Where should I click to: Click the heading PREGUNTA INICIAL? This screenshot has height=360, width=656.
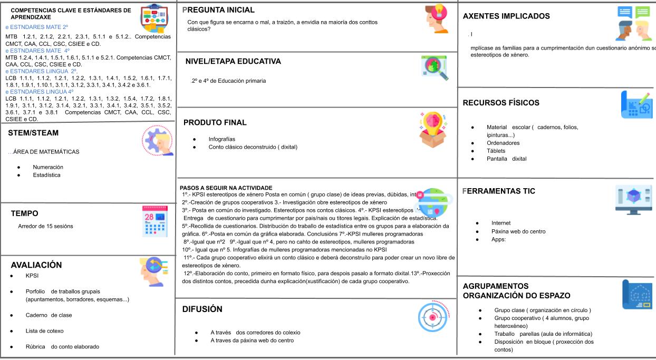[x=218, y=10]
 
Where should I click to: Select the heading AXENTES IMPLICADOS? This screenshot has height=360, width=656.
[x=506, y=16]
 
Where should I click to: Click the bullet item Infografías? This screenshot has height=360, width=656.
[x=223, y=139]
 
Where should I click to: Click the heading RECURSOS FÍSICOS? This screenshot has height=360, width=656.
[x=501, y=103]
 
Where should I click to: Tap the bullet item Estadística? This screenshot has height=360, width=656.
[x=46, y=174]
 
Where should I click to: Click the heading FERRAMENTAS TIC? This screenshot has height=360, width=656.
[x=499, y=191]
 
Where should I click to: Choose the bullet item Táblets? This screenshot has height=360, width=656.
[x=496, y=151]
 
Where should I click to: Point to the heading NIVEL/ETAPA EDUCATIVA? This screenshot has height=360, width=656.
[x=233, y=62]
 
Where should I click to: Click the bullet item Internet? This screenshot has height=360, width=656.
[x=500, y=223]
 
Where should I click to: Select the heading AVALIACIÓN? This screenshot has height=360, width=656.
[x=36, y=265]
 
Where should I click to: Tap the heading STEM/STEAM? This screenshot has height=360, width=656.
[x=33, y=133]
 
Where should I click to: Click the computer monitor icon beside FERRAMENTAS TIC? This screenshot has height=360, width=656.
[x=633, y=198]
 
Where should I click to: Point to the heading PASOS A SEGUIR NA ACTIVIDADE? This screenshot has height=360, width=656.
[x=226, y=187]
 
